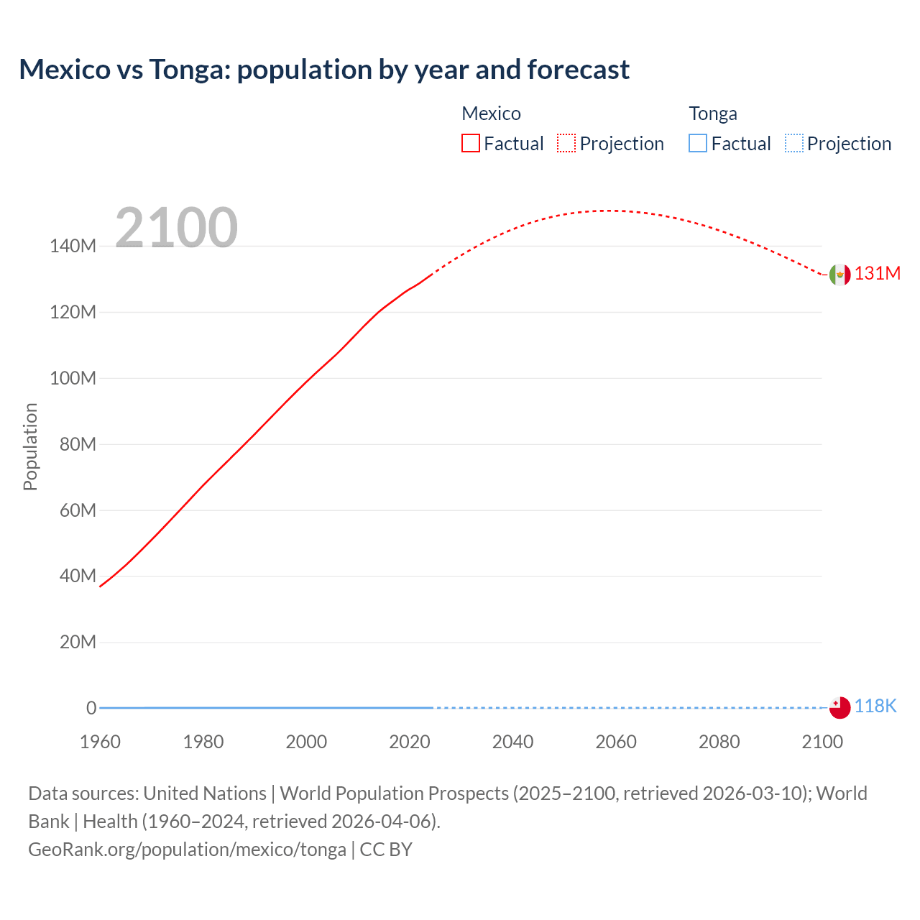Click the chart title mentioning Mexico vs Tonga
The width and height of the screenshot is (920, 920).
click(324, 70)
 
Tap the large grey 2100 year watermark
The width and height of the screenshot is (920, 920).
click(176, 228)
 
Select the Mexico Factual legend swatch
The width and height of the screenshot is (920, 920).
click(470, 144)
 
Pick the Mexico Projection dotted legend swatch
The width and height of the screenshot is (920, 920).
click(566, 144)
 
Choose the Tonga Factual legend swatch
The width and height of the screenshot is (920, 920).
click(698, 144)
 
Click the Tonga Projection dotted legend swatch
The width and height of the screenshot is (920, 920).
click(793, 144)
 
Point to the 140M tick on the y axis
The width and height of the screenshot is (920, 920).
click(73, 247)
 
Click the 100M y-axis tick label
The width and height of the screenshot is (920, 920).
click(73, 379)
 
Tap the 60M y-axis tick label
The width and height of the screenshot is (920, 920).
click(77, 511)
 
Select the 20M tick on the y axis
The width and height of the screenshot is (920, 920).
click(77, 643)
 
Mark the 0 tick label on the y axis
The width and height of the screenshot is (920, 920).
click(91, 709)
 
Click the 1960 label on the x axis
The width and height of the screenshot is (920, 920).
click(100, 742)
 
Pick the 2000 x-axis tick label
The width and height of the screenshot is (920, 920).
click(306, 742)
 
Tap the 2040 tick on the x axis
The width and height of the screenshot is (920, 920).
click(512, 742)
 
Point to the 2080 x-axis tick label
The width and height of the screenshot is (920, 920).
click(719, 742)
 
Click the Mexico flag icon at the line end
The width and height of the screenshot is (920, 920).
click(839, 275)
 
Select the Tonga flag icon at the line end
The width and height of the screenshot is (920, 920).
click(839, 707)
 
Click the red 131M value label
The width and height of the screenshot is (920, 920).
click(877, 274)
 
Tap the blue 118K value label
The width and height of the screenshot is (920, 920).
click(875, 707)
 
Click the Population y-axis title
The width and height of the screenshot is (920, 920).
click(30, 446)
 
